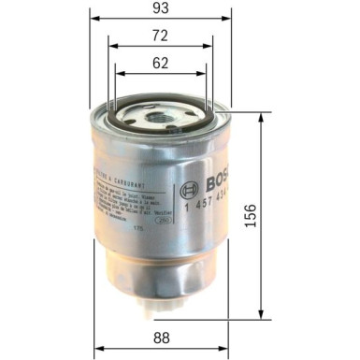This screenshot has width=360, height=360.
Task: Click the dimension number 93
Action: tap(160, 10)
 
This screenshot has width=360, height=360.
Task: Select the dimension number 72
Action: tap(160, 36)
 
